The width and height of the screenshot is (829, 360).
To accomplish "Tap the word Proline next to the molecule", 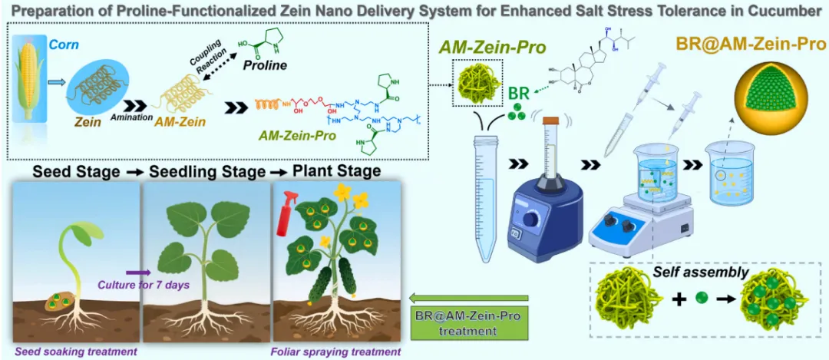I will tap(266, 65).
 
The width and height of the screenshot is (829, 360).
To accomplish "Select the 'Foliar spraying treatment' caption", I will tap(335, 352).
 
